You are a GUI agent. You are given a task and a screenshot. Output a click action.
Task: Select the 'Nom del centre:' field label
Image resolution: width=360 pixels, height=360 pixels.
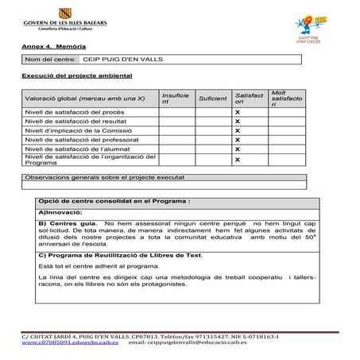50,60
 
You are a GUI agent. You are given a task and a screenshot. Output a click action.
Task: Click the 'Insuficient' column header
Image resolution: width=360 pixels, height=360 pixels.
175,99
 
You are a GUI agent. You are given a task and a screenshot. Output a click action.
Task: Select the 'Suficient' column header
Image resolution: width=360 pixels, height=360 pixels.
212,99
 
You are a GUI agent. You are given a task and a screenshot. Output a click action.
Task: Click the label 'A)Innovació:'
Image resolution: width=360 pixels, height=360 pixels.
60,213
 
